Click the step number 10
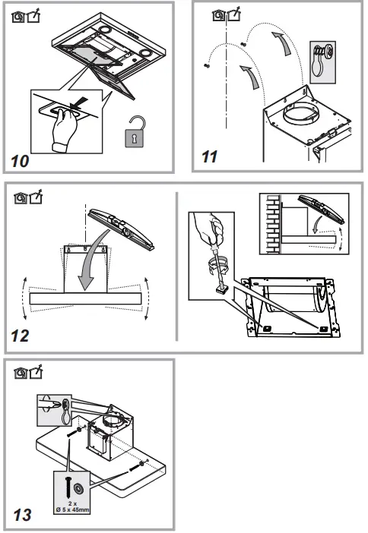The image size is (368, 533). [20, 161]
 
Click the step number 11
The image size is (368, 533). [209, 156]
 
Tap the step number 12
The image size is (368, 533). [20, 336]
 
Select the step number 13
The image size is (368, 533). [23, 515]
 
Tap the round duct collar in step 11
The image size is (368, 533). [300, 115]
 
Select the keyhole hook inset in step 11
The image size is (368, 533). [322, 62]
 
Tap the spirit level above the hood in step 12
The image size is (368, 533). [121, 229]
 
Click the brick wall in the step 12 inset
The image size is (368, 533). [272, 224]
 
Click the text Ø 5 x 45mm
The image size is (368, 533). [72, 509]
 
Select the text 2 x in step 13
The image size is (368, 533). [72, 503]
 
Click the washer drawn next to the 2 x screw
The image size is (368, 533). [80, 489]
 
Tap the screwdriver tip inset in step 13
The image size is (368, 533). [54, 410]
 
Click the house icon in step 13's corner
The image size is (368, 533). [21, 373]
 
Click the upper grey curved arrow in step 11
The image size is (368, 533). [284, 43]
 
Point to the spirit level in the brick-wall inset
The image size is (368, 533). [321, 209]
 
